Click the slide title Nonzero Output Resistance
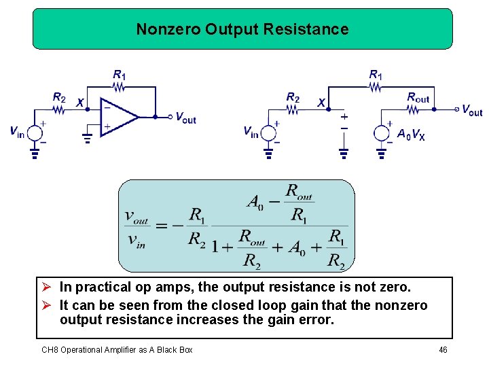tap(242, 29)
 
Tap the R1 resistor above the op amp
tap(120, 86)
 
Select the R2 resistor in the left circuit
tap(60, 108)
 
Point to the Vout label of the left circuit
tap(185, 118)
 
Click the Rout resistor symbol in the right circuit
tap(418, 109)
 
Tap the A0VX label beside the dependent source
tap(411, 134)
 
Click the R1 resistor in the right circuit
tap(375, 86)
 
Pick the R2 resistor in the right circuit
tap(293, 108)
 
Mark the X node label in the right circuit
tap(321, 103)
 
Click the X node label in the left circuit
tap(80, 103)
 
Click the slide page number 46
tap(443, 350)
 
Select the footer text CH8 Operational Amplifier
tap(117, 350)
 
